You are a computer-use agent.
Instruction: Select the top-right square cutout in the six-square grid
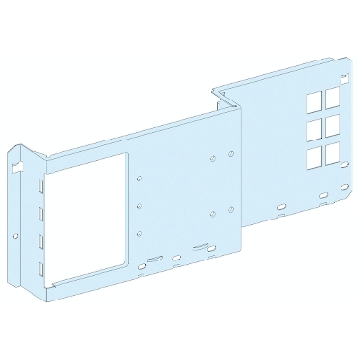point(333,95)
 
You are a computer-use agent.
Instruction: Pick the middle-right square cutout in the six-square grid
point(333,122)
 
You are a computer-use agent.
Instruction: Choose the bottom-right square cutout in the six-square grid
point(333,149)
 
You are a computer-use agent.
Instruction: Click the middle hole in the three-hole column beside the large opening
point(140,205)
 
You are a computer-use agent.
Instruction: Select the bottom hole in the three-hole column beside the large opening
point(140,232)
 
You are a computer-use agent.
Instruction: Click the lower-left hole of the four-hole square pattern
point(212,212)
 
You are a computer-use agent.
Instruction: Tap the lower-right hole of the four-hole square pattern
point(238,203)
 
